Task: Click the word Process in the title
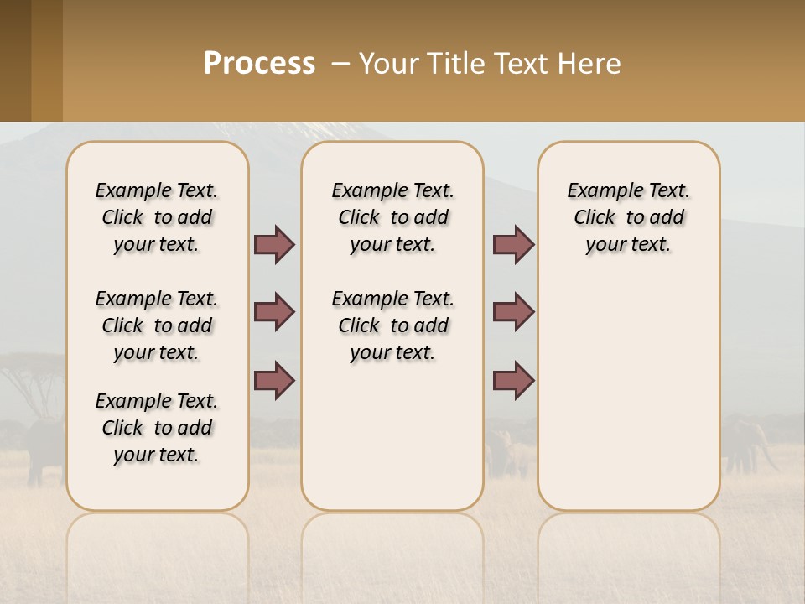259,64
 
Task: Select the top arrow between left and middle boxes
274,244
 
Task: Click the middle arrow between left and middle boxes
274,312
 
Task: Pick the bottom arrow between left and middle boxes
274,381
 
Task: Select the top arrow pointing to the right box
513,244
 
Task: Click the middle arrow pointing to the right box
513,312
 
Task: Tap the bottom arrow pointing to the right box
513,381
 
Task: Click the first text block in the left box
157,217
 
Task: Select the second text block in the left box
157,325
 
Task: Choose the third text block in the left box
157,428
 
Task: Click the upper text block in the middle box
392,217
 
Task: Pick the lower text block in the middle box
392,325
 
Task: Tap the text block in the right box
628,217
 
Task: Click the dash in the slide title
340,65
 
